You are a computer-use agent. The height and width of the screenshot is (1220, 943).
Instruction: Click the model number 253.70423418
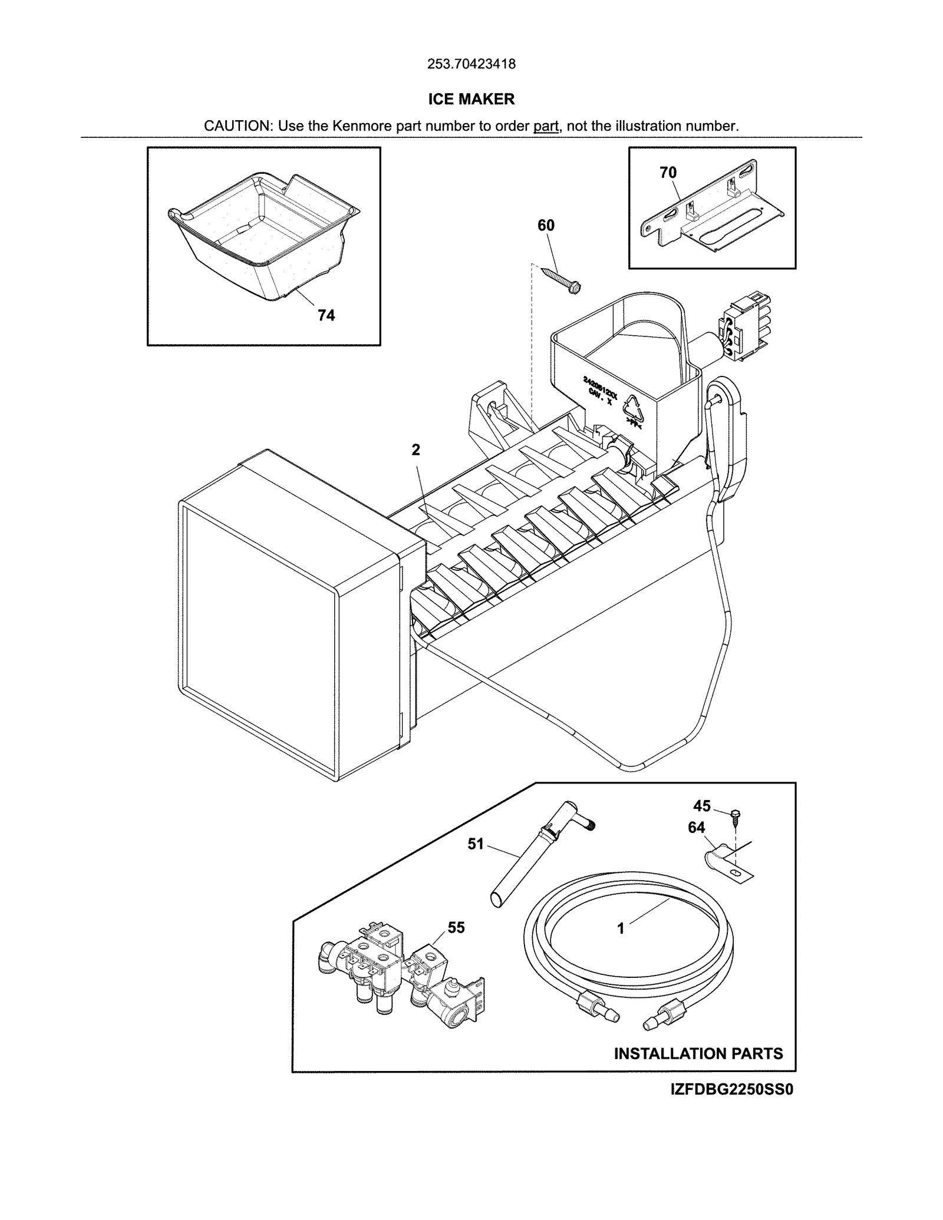tap(471, 64)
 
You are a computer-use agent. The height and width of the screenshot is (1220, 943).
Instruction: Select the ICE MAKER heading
tap(471, 99)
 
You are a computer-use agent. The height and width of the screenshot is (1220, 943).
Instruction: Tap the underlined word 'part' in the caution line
tap(546, 126)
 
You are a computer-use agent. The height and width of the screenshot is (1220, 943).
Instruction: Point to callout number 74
tap(326, 316)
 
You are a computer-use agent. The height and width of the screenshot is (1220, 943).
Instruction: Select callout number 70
tap(668, 173)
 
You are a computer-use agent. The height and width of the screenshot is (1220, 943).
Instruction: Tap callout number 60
tap(546, 225)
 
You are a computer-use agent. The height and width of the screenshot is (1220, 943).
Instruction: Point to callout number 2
tap(416, 450)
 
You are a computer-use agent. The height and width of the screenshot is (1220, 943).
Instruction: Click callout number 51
tap(475, 844)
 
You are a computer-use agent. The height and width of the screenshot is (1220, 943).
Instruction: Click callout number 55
tap(456, 928)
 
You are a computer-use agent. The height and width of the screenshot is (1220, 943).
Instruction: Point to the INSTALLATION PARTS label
tap(698, 1053)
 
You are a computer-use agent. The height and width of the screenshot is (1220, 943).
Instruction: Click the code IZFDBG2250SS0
tap(731, 1090)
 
